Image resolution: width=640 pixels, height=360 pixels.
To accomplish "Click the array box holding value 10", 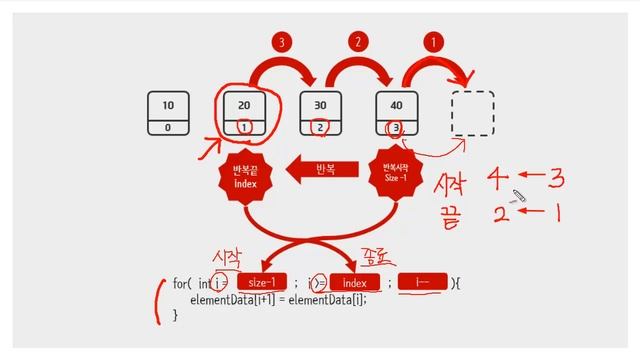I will (x=167, y=113).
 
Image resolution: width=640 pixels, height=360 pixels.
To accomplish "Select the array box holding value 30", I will (x=321, y=113).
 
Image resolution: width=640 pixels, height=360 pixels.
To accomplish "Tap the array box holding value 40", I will (x=397, y=113).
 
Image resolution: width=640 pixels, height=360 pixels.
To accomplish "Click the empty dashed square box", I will (x=473, y=113).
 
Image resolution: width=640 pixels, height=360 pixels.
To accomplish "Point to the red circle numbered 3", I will (x=282, y=43).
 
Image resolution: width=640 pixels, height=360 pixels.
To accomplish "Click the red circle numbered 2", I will (x=358, y=43).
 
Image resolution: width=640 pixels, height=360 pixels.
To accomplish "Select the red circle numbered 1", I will (x=434, y=43).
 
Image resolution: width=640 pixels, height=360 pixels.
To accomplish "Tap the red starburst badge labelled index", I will (x=245, y=176).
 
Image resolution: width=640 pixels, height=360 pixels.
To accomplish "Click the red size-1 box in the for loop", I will (x=263, y=283).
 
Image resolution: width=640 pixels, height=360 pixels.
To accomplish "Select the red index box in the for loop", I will (x=355, y=283).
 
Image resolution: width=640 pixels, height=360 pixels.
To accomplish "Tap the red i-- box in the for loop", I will (x=423, y=283).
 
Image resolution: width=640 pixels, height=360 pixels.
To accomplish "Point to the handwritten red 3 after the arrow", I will (x=556, y=178).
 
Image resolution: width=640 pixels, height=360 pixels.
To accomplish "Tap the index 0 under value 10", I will (x=167, y=127).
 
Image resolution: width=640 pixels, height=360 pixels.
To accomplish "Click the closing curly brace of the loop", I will (x=176, y=315).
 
